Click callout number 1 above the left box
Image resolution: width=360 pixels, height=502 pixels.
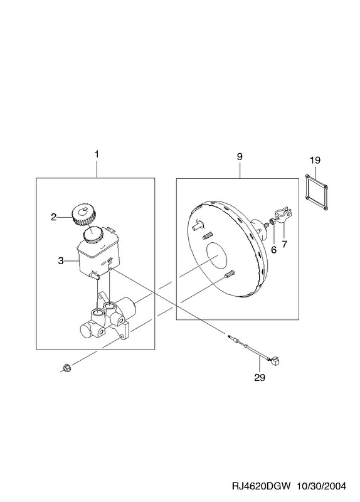97,154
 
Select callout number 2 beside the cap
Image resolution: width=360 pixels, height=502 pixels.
53,217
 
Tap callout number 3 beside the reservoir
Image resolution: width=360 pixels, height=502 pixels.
61,260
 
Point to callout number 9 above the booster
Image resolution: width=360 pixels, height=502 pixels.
240,156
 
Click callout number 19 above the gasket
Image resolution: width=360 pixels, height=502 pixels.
315,160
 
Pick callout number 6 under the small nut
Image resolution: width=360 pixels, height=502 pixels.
273,250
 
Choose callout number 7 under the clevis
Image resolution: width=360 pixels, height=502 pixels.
285,244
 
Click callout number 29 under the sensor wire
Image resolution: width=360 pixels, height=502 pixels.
260,378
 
